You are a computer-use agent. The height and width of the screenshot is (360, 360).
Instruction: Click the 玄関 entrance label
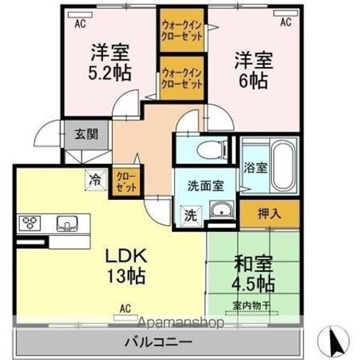(86, 134)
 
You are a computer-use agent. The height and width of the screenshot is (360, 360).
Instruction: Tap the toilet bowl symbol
(212, 150)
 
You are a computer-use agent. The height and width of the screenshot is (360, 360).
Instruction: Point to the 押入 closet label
(269, 214)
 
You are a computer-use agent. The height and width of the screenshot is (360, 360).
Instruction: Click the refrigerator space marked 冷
(95, 180)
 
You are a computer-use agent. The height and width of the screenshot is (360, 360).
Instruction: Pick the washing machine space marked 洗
(191, 216)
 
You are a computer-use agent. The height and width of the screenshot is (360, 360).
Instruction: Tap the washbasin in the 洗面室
(222, 209)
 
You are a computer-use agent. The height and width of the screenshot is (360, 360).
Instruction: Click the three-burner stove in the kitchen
(30, 222)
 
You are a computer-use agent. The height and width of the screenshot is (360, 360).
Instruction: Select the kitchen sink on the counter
(67, 223)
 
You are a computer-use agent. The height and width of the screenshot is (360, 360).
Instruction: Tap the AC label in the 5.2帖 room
(80, 23)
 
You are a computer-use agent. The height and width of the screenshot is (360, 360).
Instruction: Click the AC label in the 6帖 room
(286, 22)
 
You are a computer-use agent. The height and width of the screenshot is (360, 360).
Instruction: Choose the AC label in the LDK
(125, 308)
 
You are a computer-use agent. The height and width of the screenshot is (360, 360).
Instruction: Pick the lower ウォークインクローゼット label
(182, 79)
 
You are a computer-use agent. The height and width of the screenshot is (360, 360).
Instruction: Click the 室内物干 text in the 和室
(251, 305)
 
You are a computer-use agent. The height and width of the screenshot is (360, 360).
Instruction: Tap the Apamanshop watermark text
(180, 322)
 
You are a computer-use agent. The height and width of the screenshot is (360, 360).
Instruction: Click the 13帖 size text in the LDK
(126, 276)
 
